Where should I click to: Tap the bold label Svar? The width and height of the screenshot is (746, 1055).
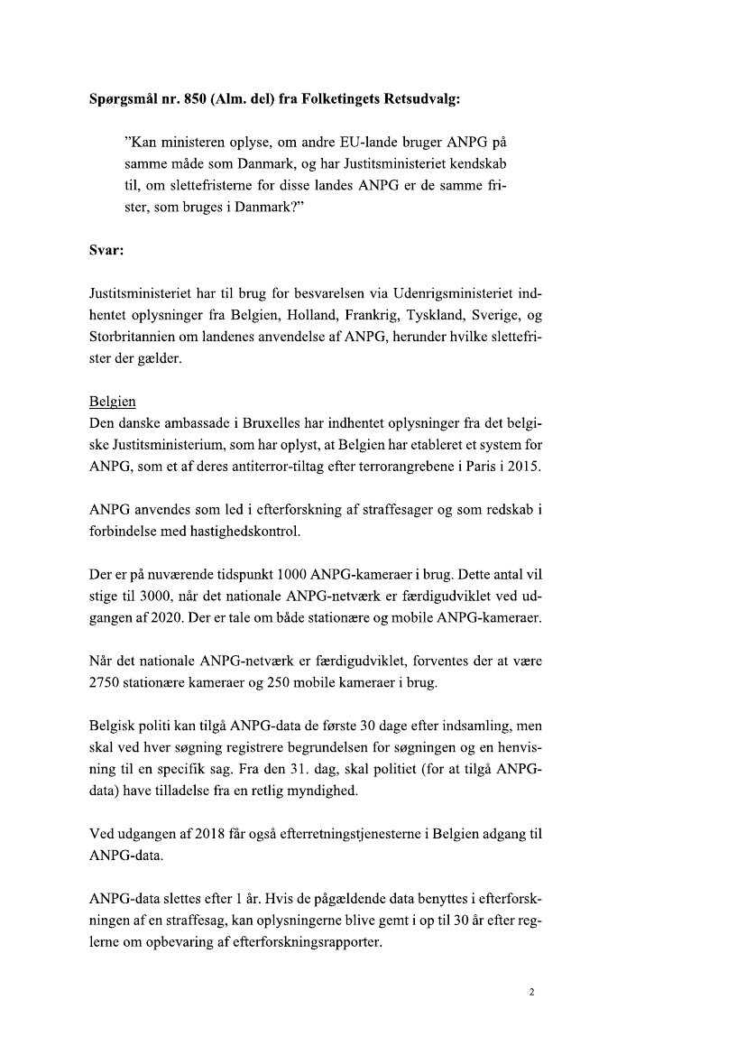point(106,253)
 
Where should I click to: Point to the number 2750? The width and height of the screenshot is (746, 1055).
point(108,682)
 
